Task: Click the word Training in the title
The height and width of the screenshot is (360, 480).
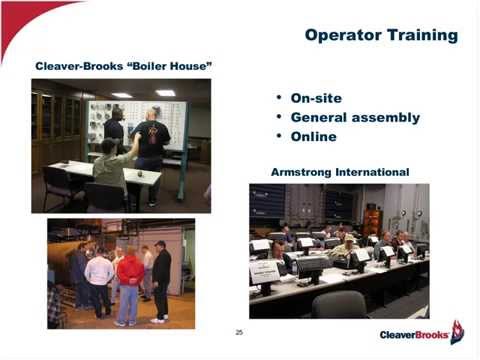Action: point(421,36)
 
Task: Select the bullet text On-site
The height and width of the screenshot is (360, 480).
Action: point(315,98)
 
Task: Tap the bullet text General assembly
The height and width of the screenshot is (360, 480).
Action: point(354,117)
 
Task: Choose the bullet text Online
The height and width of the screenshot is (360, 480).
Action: point(313,136)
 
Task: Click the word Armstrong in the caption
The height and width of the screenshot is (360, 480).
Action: point(304,172)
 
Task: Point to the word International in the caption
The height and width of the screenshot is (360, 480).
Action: point(374,172)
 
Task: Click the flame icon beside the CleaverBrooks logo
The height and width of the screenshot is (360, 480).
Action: point(457,331)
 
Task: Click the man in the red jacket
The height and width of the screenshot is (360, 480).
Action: point(128,285)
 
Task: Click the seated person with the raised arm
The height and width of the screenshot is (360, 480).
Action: point(107,165)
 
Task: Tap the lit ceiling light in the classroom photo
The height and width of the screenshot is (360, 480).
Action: point(164,93)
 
